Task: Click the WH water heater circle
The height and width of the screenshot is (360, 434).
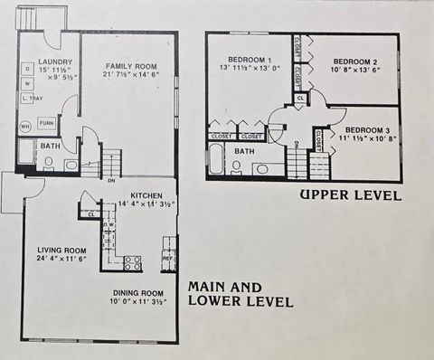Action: coord(26,126)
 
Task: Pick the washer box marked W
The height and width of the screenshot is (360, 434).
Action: coord(27,83)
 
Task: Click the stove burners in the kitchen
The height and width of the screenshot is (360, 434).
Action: coord(132,263)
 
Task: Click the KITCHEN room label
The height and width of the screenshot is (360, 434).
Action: coord(146,195)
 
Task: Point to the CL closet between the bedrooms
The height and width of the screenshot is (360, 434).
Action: coord(299,97)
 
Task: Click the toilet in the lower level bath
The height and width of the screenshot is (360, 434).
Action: coord(47,164)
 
